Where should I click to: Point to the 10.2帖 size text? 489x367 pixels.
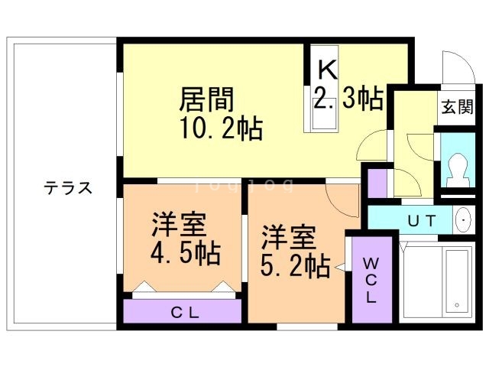pos(222,128)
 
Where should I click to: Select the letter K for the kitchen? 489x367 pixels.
pos(326,70)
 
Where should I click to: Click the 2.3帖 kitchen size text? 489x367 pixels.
pos(348,99)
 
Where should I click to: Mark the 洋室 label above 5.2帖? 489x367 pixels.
pos(289,236)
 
